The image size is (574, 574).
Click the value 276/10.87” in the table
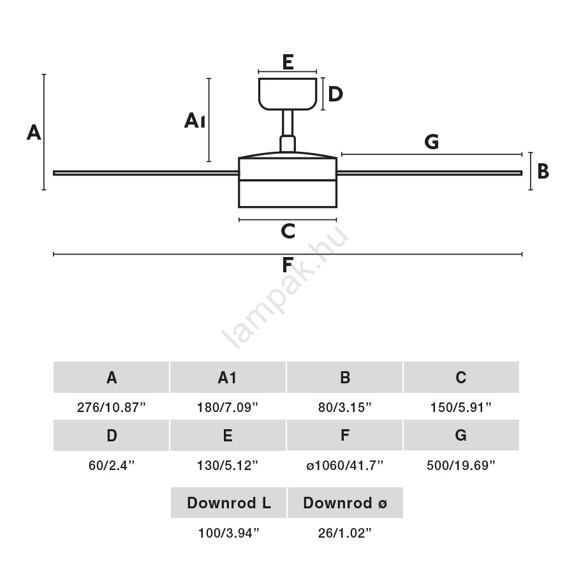coord(111,408)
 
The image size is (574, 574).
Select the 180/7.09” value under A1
coord(228,408)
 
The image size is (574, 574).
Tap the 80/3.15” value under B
coord(344,408)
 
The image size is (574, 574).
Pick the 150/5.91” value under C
coord(460,408)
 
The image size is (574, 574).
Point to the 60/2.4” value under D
coord(111,466)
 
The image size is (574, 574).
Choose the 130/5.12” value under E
coord(228,466)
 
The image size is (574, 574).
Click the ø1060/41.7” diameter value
coord(344,466)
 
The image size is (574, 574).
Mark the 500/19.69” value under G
coord(460,466)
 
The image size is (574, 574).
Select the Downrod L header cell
coord(228,503)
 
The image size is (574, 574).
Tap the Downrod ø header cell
coord(345,503)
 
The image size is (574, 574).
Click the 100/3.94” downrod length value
coord(228,534)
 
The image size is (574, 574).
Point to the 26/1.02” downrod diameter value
coord(345,534)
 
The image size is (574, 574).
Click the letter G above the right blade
coord(432,142)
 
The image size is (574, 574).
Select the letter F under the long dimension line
coord(288,265)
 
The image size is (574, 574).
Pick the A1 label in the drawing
coord(195,120)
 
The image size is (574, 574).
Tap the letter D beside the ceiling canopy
coord(335,94)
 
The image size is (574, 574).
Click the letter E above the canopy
coord(288,62)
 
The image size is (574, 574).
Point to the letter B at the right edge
coord(543,171)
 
